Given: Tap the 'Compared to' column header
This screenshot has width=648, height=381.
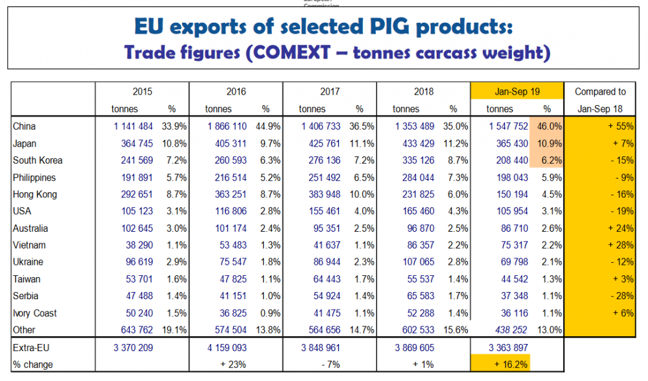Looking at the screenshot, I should [x=600, y=92].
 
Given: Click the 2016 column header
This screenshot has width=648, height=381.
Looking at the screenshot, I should [x=237, y=92].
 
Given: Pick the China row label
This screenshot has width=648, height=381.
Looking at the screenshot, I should [x=25, y=126].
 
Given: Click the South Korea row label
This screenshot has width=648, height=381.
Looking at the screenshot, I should [x=38, y=160].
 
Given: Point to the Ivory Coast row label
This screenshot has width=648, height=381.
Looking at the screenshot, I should [x=36, y=313].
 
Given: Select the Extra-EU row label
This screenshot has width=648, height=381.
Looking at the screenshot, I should [x=30, y=348].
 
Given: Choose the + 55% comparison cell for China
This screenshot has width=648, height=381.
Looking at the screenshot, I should [x=619, y=126].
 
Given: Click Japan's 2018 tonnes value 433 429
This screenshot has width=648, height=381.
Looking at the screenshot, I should [x=415, y=143].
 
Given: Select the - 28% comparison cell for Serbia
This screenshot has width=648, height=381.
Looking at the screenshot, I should [x=620, y=296].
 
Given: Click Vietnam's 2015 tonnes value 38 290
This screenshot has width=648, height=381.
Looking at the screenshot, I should [x=134, y=245].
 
